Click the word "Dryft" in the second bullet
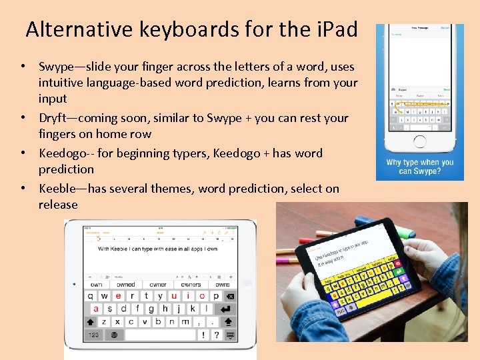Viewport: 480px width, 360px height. click(x=56, y=118)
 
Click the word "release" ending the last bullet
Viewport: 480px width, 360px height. click(x=58, y=205)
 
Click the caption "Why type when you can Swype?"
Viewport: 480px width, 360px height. click(x=420, y=167)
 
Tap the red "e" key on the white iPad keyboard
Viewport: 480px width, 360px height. click(x=119, y=296)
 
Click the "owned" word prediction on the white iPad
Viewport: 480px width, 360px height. click(x=126, y=285)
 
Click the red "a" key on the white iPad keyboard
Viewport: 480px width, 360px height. click(x=96, y=309)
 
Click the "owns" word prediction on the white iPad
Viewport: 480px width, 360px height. click(x=222, y=285)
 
